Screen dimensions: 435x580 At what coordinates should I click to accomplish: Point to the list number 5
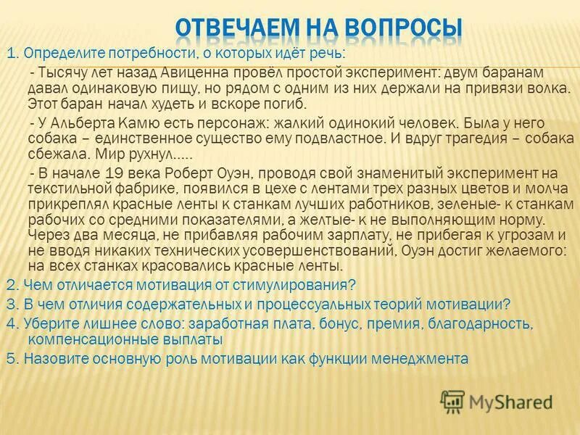click(10, 358)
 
